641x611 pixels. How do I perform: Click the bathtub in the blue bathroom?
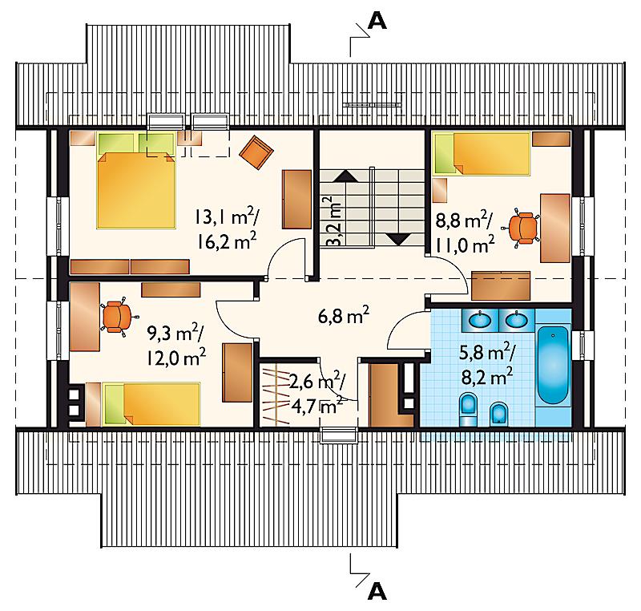point(553,365)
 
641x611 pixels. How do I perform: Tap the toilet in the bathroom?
point(468,409)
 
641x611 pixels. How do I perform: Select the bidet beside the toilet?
point(498,414)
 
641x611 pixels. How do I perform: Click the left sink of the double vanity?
point(479,320)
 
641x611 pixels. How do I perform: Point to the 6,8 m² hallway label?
point(344,315)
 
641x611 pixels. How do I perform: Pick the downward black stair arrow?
point(398,239)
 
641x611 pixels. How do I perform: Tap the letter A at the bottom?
point(377,590)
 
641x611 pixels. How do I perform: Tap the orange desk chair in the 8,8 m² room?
point(523,229)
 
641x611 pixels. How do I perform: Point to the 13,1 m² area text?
point(225,217)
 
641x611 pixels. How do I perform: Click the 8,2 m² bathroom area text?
point(487,376)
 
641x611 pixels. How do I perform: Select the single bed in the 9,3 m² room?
point(151,404)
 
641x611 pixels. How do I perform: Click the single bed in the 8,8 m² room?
point(482,153)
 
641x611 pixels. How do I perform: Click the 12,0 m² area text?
point(175,358)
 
